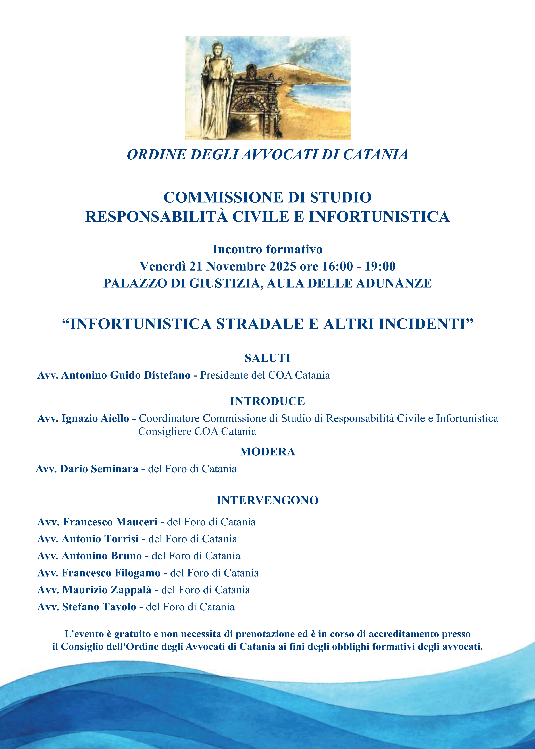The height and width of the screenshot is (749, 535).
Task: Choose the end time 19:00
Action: [380, 266]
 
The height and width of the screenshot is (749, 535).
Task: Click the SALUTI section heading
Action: [267, 358]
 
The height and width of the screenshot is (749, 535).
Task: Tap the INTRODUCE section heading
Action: [267, 401]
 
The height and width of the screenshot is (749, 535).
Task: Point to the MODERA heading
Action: [267, 452]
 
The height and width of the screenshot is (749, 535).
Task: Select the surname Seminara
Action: [114, 469]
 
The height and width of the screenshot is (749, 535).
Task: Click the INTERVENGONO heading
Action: [267, 500]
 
